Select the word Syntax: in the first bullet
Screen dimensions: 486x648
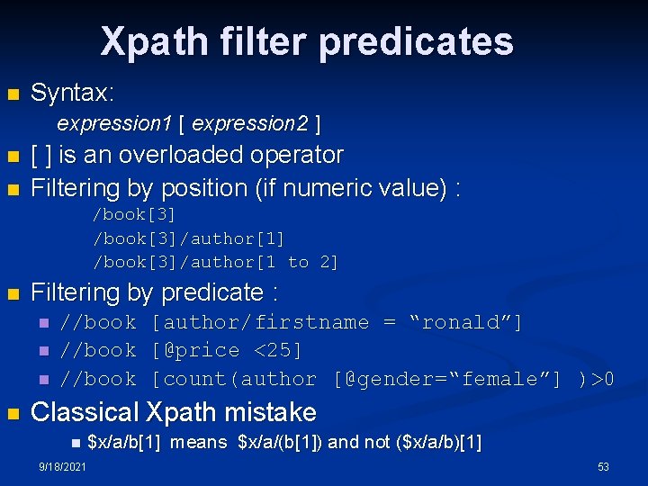72,93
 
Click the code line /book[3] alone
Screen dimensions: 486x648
135,214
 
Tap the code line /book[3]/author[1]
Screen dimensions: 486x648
189,238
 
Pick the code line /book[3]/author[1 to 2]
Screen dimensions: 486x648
216,262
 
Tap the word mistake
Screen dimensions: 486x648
269,412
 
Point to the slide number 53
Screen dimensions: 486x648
603,467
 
